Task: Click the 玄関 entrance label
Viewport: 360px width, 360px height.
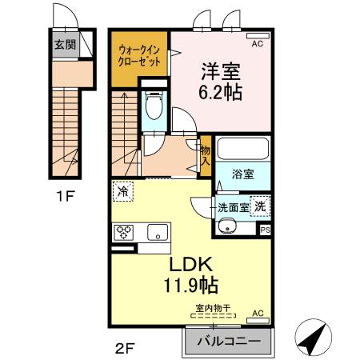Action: tap(66, 45)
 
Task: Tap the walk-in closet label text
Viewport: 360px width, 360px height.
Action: tap(137, 57)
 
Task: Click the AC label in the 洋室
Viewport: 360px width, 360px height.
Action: tap(257, 45)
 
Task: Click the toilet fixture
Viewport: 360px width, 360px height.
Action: tap(155, 106)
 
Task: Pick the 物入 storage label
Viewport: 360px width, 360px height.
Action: tap(206, 155)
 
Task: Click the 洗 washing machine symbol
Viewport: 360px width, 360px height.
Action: tap(261, 205)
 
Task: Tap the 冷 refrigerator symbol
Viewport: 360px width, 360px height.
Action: tap(122, 192)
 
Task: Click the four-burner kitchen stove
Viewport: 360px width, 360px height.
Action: tap(126, 233)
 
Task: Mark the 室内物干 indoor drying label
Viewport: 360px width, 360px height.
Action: tap(213, 307)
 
